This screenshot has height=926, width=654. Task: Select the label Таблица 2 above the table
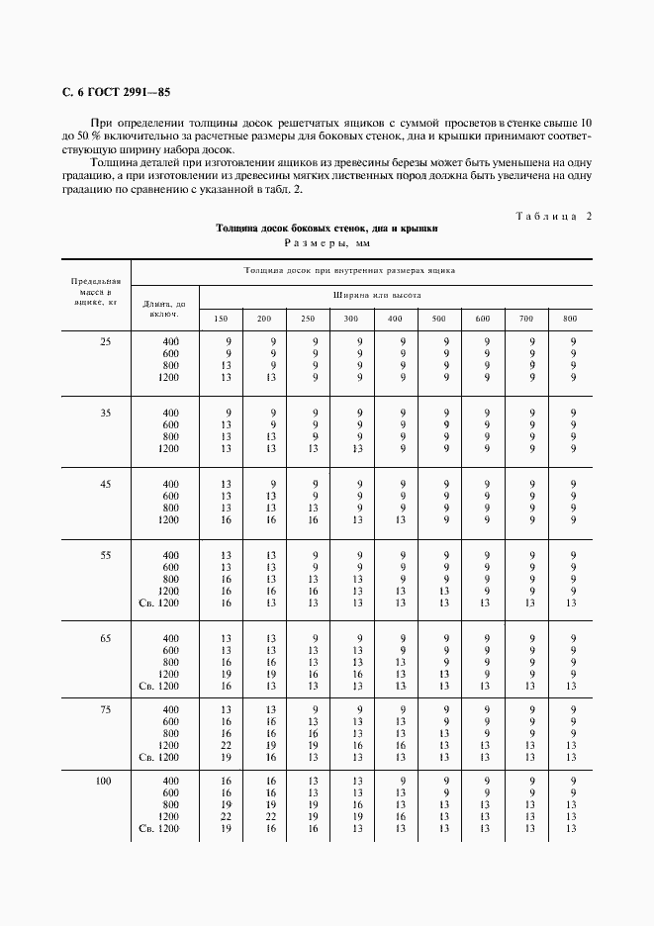coord(553,216)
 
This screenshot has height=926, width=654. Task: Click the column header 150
coord(222,318)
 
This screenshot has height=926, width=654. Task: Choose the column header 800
coord(570,318)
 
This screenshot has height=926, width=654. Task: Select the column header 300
coord(351,318)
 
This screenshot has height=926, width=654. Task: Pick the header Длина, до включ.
coord(164,309)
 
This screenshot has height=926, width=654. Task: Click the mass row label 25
coord(105,341)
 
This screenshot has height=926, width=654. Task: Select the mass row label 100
coord(104,781)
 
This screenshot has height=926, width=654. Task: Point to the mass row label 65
coord(105,638)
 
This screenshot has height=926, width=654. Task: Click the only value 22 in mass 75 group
coord(226,745)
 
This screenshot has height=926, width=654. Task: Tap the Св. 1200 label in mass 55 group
coord(158,602)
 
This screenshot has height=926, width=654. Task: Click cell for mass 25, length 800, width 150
coord(226,365)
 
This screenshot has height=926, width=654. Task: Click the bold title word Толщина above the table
coord(240,229)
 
